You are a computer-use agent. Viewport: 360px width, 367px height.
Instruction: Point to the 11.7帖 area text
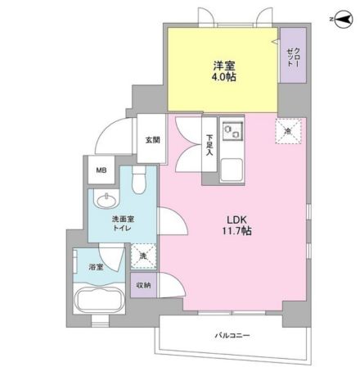pos(236,233)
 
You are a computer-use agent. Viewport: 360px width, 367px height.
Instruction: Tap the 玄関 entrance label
pos(152,139)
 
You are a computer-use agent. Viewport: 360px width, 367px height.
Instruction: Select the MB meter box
pos(101,171)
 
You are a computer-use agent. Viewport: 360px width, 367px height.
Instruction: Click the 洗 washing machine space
pos(142,256)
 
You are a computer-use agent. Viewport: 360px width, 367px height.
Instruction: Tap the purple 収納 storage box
pos(142,284)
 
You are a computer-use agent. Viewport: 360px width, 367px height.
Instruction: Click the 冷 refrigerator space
pos(288,128)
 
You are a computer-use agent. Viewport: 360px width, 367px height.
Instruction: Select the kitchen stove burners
pos(232,131)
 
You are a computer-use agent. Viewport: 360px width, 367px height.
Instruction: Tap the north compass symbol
pos(338,18)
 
